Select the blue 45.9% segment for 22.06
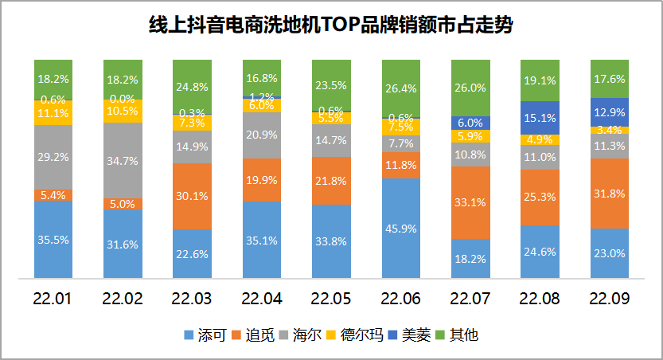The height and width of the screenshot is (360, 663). pos(401,229)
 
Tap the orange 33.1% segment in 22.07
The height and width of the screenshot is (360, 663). pos(470,202)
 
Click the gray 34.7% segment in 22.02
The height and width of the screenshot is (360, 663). pos(123,160)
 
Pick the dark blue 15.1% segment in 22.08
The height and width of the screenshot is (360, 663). pos(540,118)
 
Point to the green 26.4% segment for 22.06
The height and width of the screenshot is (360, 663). pos(401,88)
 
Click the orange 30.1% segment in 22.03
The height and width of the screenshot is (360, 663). pos(193,196)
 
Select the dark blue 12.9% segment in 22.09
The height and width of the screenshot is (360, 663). pos(609,112)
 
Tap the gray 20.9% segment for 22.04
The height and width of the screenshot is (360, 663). pos(262,136)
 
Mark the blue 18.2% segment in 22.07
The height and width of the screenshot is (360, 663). pos(470,260)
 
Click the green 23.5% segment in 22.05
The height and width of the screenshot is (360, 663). pos(332,85)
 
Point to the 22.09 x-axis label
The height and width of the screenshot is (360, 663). pos(609,299)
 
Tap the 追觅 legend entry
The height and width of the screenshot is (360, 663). pos(255,335)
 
